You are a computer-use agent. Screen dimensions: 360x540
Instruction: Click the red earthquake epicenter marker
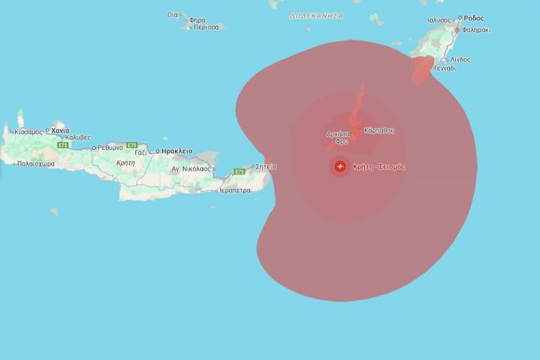[x=340, y=167]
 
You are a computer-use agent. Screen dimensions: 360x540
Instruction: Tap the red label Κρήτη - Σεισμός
[x=379, y=167]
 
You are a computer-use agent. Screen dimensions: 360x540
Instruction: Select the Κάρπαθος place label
[x=379, y=130]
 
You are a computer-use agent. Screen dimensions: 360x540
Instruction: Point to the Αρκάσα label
[x=338, y=133]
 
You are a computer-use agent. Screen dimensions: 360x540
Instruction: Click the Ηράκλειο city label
[x=177, y=151]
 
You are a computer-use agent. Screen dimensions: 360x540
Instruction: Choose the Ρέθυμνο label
[x=110, y=147]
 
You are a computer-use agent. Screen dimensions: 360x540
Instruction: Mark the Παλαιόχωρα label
[x=36, y=163]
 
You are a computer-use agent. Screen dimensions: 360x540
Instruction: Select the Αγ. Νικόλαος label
[x=190, y=168]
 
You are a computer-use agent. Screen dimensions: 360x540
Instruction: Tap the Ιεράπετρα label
[x=234, y=191]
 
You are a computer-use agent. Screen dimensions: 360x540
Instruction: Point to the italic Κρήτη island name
[x=126, y=163]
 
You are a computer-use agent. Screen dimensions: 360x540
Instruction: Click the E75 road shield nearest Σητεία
[x=239, y=172]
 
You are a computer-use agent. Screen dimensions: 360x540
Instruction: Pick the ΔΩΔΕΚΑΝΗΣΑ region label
[x=316, y=16]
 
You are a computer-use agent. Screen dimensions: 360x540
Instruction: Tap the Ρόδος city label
[x=474, y=18]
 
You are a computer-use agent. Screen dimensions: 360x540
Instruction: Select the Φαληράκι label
[x=477, y=30]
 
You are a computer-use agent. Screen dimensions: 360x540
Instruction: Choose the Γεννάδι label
[x=444, y=68]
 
